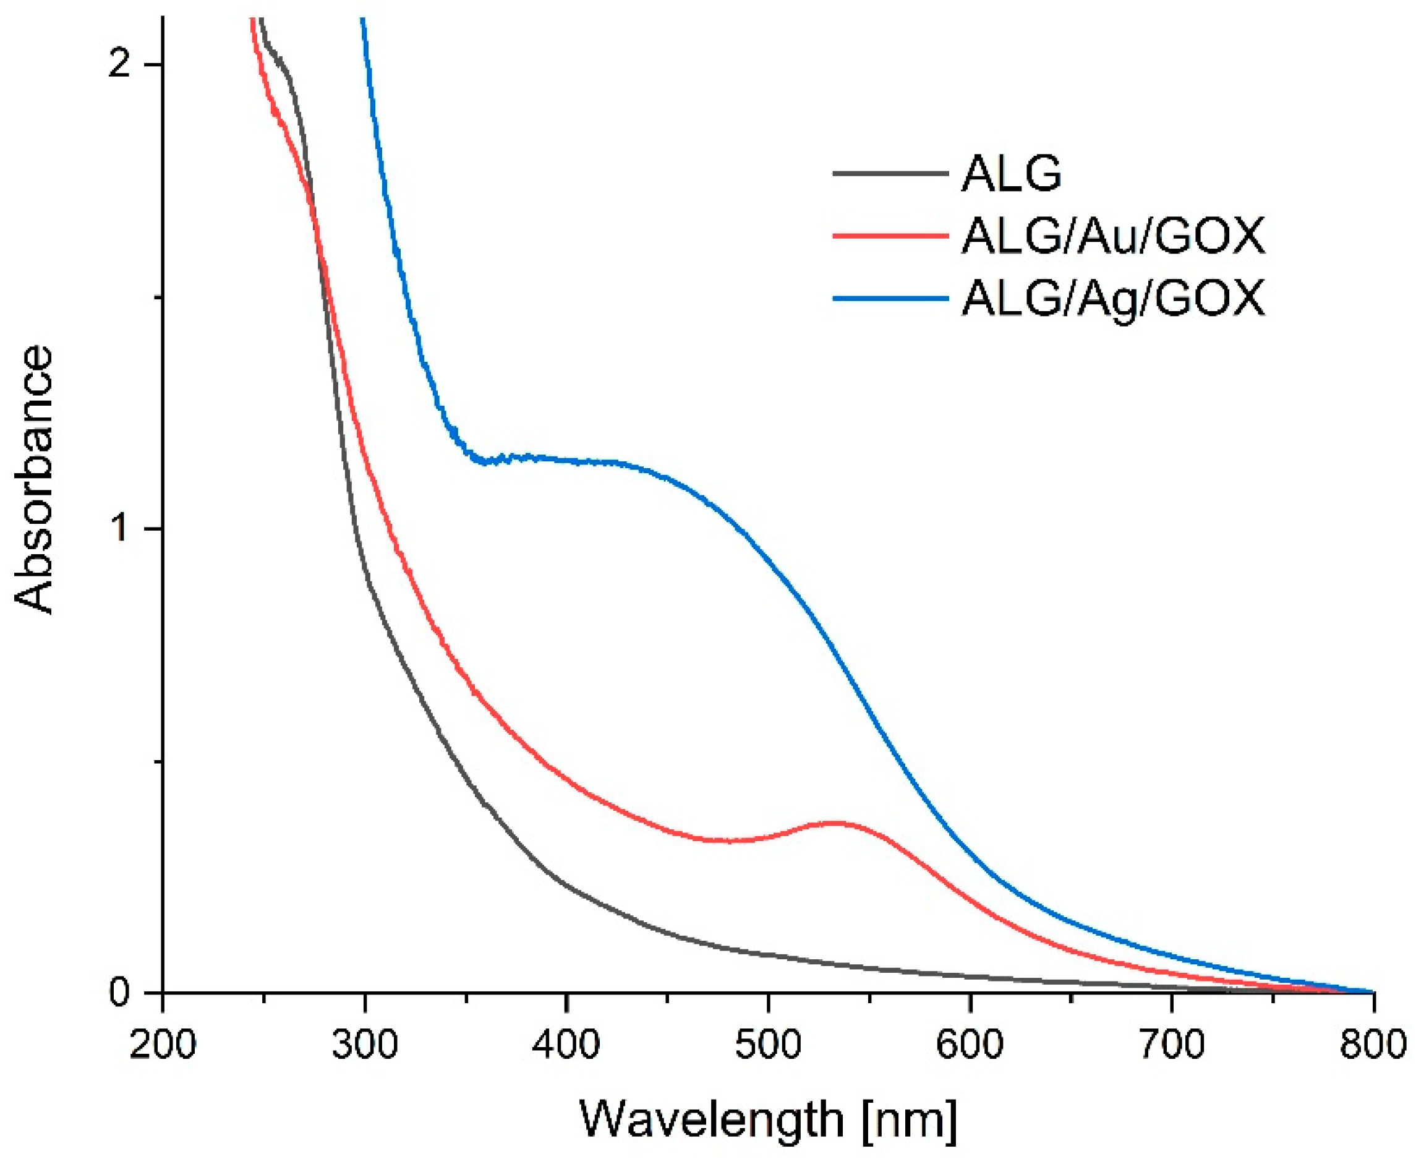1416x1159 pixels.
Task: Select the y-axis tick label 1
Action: [x=119, y=529]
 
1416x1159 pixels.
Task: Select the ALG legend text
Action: [x=1012, y=174]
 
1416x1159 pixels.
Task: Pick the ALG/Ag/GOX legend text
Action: [x=1113, y=299]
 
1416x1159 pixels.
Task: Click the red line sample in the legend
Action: [x=890, y=235]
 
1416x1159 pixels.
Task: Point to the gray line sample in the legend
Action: [x=890, y=173]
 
